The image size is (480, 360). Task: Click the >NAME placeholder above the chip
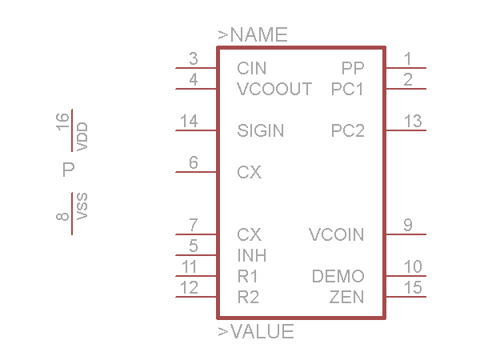click(x=252, y=35)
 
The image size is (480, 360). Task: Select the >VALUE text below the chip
click(x=255, y=331)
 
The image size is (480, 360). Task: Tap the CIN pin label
click(x=252, y=69)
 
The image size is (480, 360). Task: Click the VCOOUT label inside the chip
click(x=274, y=89)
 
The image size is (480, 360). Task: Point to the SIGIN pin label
click(x=261, y=130)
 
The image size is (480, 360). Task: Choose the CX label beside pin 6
click(x=250, y=172)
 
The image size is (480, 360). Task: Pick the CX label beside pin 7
click(x=250, y=234)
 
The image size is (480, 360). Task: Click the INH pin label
click(x=252, y=255)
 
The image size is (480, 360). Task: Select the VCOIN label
click(x=336, y=234)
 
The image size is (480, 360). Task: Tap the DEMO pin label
click(x=338, y=277)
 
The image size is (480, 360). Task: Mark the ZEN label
click(x=347, y=298)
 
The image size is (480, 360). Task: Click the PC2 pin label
click(x=348, y=130)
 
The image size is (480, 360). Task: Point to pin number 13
click(x=413, y=121)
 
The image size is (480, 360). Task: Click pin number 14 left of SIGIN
click(x=189, y=121)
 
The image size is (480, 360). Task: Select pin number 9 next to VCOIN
click(x=408, y=225)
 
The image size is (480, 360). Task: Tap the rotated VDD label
click(x=82, y=136)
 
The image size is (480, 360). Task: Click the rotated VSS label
click(x=82, y=206)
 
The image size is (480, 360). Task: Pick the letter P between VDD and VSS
click(x=68, y=170)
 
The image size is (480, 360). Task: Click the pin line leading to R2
click(x=196, y=298)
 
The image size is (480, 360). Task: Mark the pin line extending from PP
click(x=406, y=68)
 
